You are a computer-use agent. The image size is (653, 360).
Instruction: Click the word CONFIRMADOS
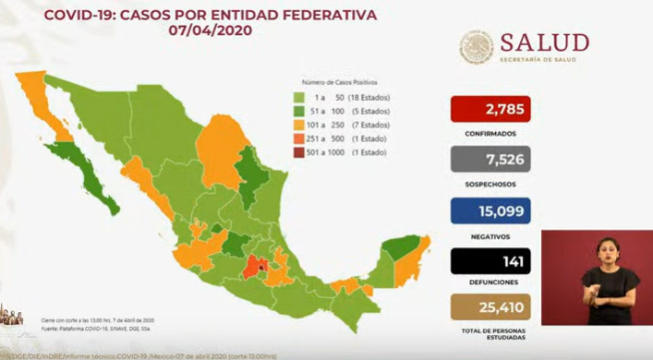click(x=491, y=132)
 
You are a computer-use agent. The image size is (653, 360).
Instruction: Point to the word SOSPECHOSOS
click(x=491, y=184)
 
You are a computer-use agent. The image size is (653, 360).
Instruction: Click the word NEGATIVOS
click(x=491, y=234)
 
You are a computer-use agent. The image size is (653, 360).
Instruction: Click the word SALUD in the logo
click(x=544, y=42)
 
